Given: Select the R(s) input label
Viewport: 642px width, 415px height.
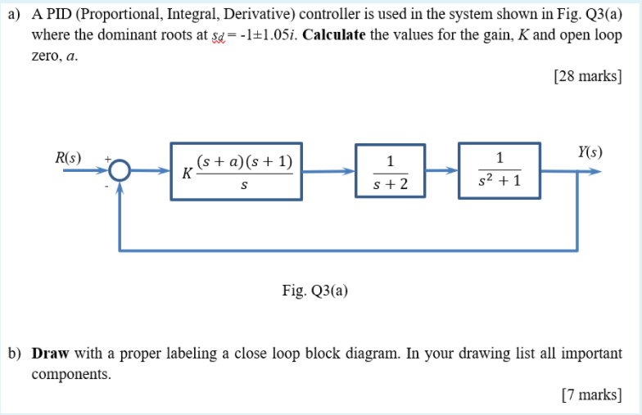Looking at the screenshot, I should click(68, 156).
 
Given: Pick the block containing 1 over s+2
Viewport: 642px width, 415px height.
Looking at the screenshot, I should click(390, 172).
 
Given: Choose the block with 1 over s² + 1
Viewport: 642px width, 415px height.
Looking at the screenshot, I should click(500, 172).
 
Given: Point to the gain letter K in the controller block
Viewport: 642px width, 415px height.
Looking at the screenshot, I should click(188, 174).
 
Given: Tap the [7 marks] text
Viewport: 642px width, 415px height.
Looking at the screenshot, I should click(590, 395).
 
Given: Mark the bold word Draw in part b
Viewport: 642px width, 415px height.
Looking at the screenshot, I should click(50, 354).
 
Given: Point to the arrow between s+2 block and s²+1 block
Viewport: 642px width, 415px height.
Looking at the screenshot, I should click(441, 172).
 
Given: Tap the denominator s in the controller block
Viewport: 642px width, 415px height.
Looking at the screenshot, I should click(244, 187).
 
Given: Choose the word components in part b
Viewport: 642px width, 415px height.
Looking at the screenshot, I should click(70, 374).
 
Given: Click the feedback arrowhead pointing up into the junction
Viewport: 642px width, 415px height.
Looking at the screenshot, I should click(120, 187).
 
